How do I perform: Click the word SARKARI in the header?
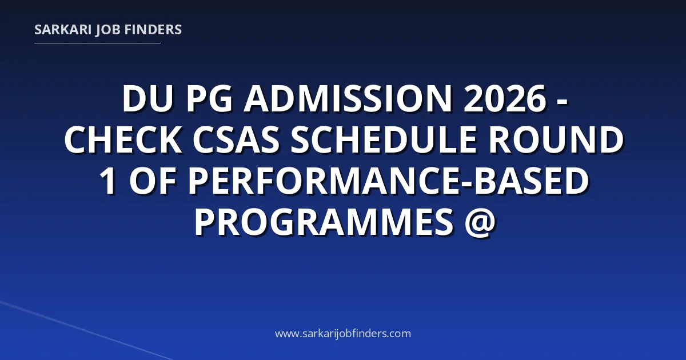point(63,30)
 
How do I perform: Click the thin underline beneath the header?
point(97,43)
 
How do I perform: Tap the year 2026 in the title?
point(505,98)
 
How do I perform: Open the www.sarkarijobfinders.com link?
point(343,334)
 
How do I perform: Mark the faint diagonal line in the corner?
point(86,330)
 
